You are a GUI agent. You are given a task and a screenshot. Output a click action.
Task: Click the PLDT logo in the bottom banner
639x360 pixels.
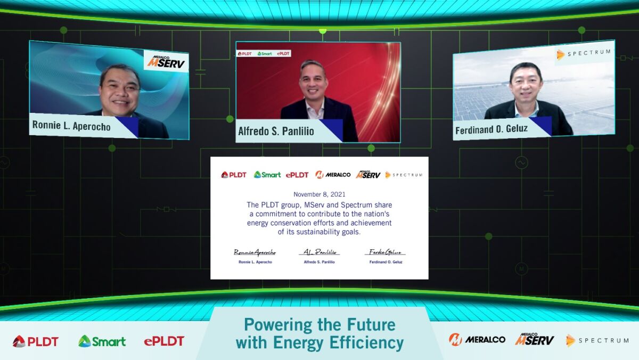coord(36,341)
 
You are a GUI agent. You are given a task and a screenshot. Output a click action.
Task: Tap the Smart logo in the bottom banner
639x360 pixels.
coord(102,341)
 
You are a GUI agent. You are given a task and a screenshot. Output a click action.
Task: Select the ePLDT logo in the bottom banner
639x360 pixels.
coord(164,341)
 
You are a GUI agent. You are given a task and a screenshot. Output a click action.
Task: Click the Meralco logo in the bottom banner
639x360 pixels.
coord(477,339)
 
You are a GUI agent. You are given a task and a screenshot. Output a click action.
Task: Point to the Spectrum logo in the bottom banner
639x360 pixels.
coord(597,340)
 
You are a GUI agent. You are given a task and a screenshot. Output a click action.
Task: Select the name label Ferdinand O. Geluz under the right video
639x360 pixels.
coord(491,129)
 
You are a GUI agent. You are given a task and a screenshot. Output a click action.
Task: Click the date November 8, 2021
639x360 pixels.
coord(319,194)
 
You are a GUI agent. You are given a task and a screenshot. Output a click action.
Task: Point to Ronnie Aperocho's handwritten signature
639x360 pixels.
coord(255,252)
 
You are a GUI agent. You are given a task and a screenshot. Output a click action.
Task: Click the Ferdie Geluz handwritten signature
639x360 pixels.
coord(385,252)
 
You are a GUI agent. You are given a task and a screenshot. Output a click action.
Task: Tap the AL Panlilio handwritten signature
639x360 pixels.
coord(319,252)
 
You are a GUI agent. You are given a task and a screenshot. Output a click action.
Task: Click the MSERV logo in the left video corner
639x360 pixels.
coord(167,62)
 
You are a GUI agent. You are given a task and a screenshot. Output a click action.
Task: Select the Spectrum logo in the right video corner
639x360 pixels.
coord(584,54)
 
